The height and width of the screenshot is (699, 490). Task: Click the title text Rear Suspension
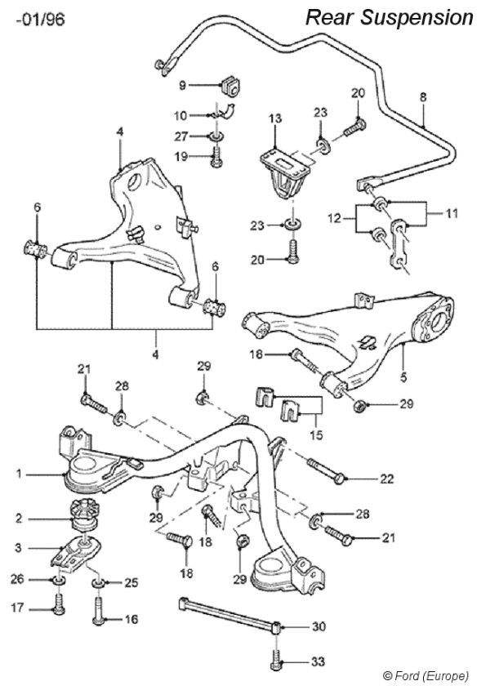coord(389,17)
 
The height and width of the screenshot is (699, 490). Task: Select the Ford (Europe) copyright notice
coord(425,675)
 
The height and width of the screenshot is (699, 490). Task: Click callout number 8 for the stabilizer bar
coord(423,96)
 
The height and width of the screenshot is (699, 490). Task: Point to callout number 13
coord(275,119)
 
